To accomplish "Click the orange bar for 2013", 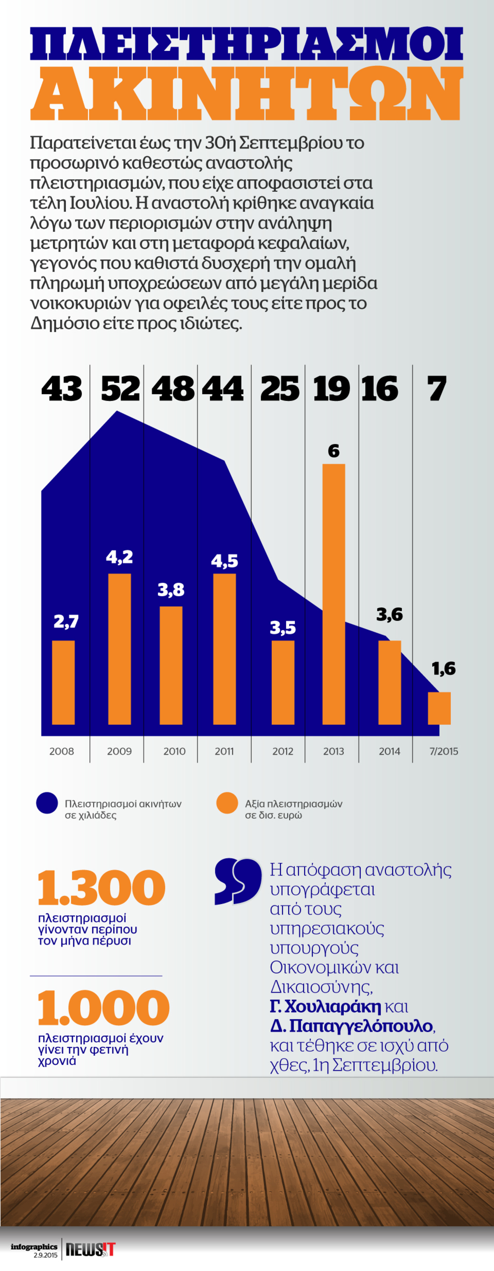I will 333,594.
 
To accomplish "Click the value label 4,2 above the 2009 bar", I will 119,557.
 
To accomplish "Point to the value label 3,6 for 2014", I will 389,614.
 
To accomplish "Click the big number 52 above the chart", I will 120,389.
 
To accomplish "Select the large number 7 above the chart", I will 437,389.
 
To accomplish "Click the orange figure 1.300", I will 102,888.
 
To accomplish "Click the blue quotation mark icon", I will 238,881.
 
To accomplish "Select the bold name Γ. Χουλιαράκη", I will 326,1007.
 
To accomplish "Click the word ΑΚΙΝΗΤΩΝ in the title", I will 246,94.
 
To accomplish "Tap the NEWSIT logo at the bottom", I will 91,1250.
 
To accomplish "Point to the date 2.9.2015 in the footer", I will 45,1255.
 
